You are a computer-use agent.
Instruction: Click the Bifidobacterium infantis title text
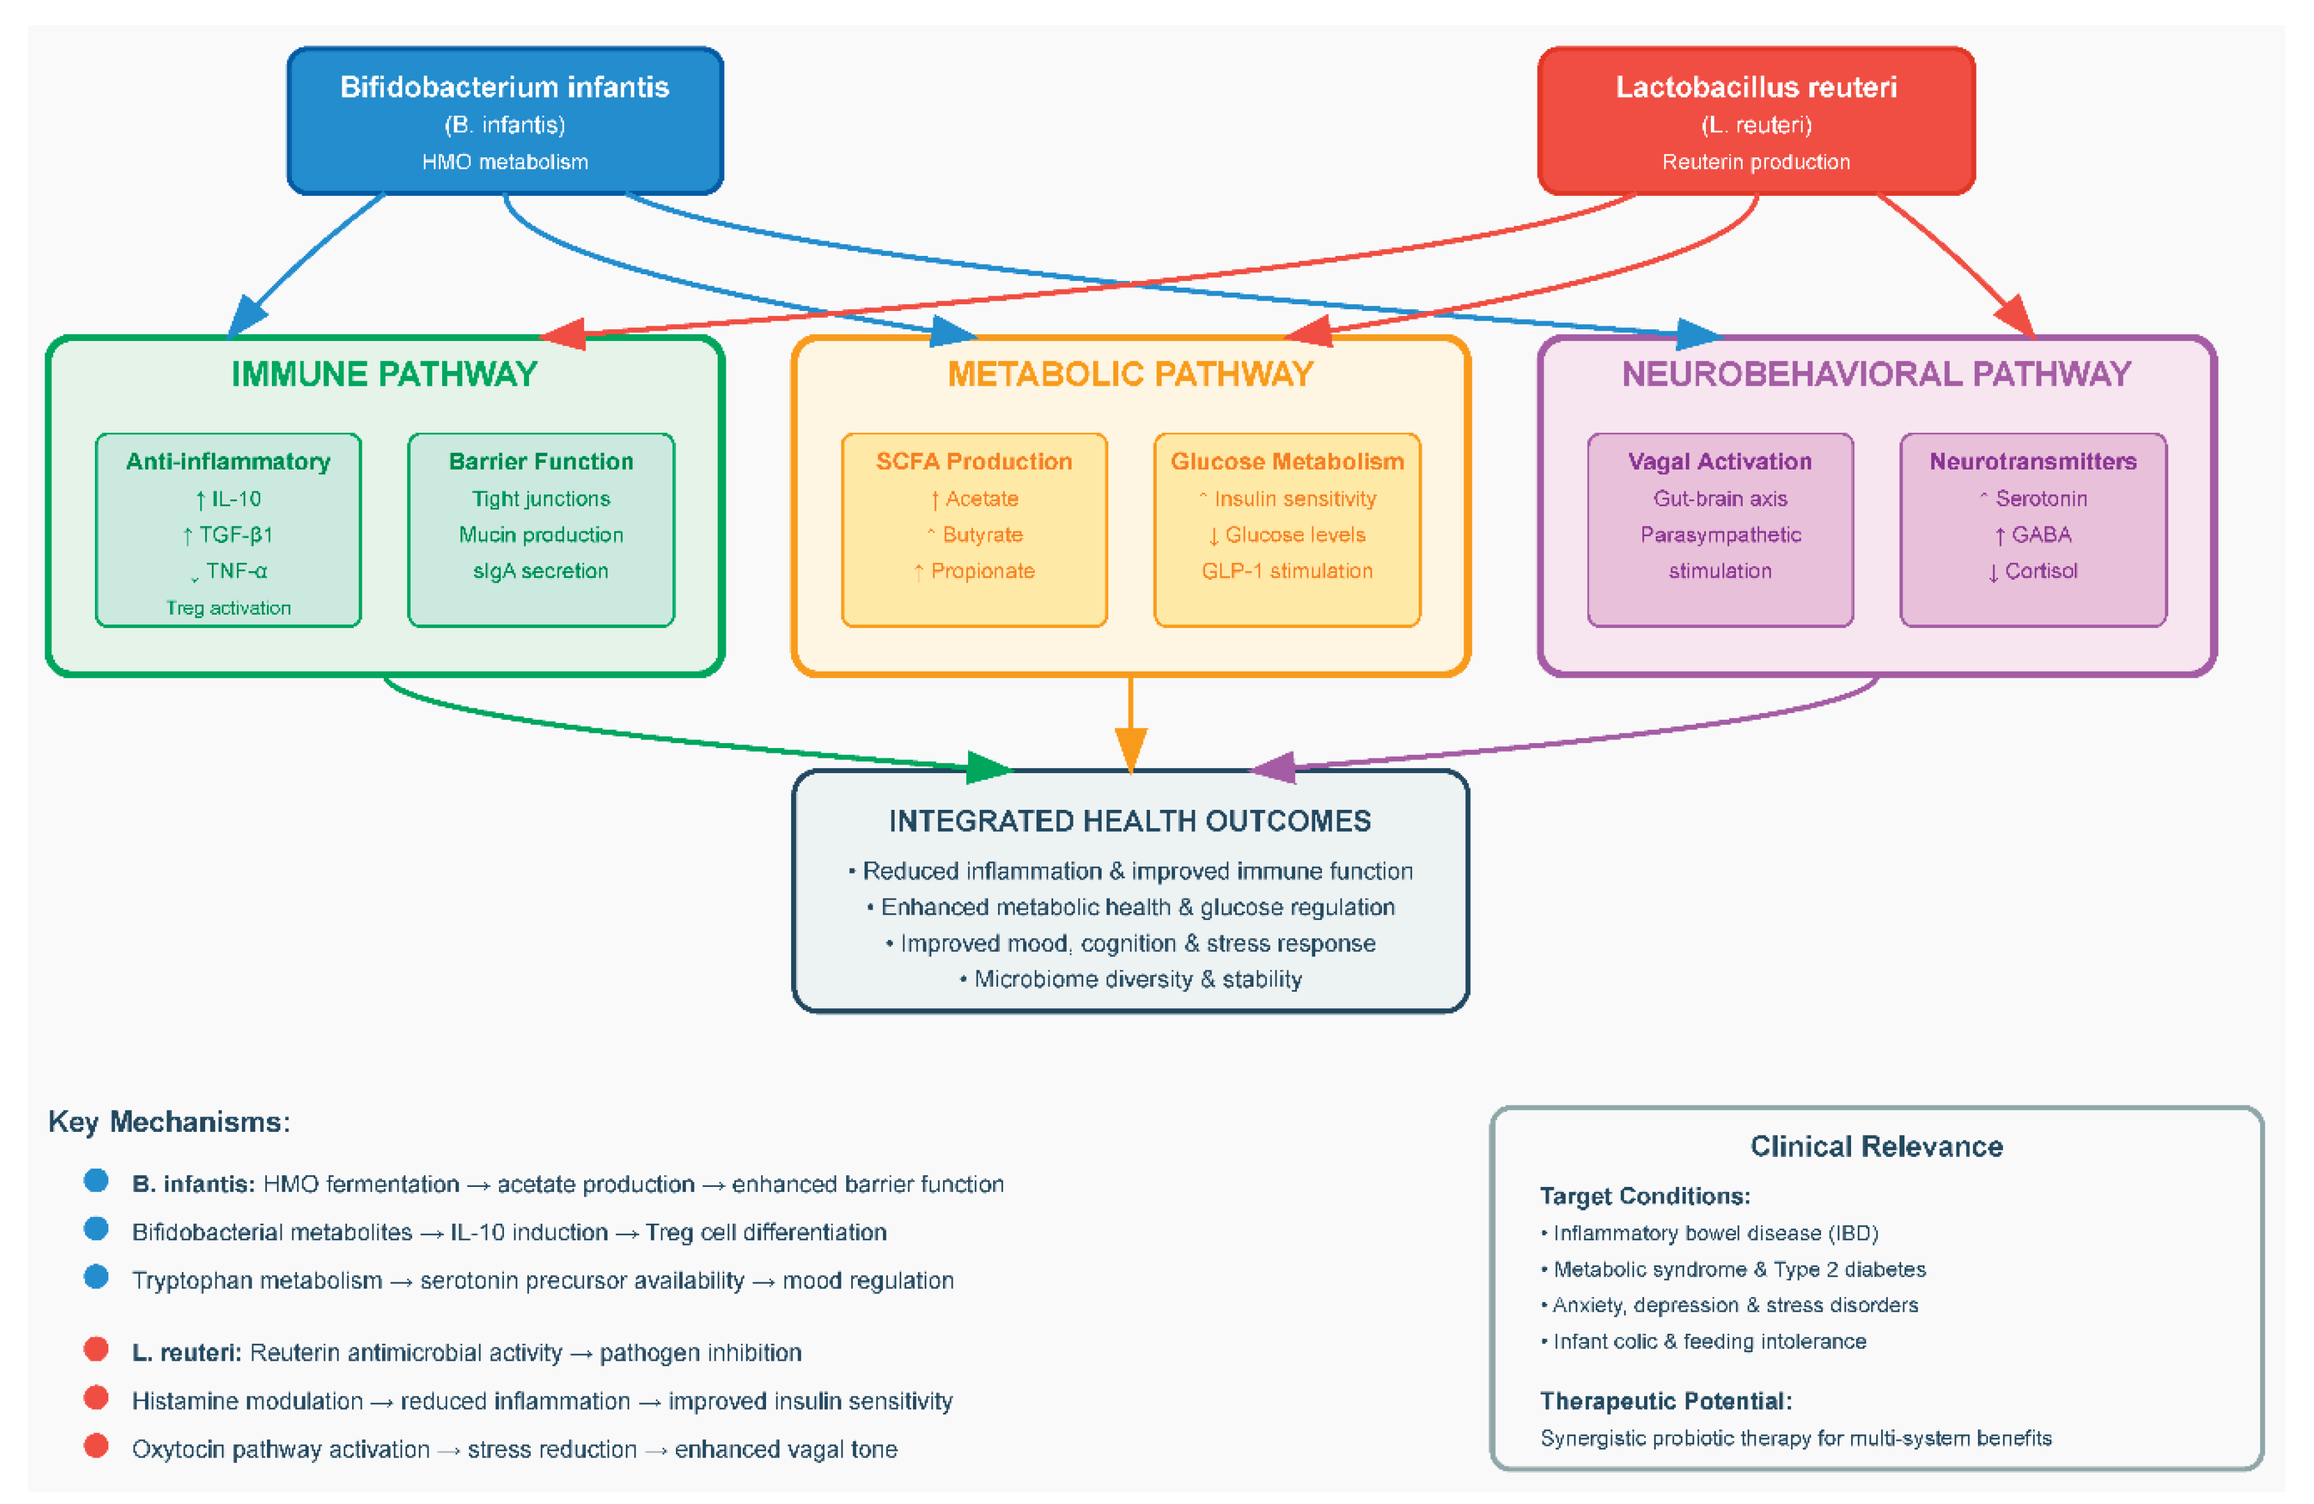coord(505,88)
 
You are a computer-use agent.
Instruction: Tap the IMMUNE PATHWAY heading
coord(384,374)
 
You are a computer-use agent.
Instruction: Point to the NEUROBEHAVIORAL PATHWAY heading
coord(1876,374)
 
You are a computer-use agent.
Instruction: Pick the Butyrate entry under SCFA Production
coord(975,535)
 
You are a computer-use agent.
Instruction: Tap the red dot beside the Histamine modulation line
coord(96,1398)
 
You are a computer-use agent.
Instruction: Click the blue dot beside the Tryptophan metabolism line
coord(96,1278)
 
